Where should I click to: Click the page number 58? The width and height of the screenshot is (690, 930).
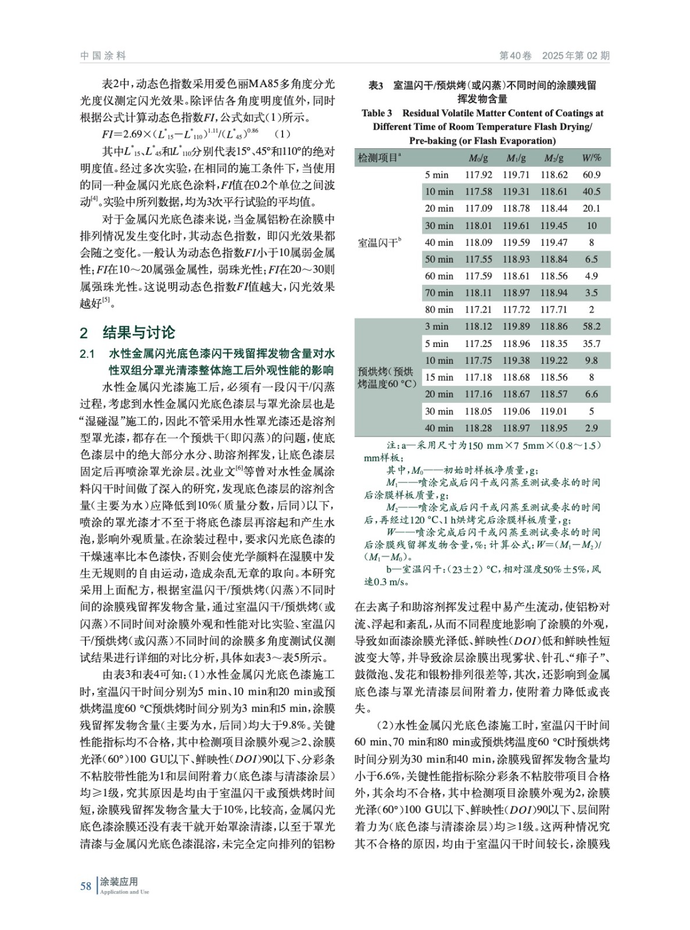click(x=85, y=886)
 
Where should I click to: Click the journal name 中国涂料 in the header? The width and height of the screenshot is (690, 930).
click(x=103, y=56)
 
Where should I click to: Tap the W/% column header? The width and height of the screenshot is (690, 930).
click(x=591, y=158)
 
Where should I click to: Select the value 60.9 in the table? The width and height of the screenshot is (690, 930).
click(x=591, y=174)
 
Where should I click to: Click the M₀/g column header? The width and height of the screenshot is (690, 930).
click(x=478, y=158)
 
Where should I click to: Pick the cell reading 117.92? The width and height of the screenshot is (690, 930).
click(x=478, y=174)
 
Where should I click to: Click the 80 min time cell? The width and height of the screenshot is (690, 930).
click(x=439, y=310)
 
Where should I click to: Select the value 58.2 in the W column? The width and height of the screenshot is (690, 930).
click(x=591, y=327)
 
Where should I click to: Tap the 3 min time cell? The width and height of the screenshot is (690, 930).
click(x=437, y=327)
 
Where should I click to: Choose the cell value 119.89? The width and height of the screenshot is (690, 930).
click(x=516, y=327)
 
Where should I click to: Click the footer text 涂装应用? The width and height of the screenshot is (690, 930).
click(x=119, y=882)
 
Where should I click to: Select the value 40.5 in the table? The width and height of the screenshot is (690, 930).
click(x=591, y=191)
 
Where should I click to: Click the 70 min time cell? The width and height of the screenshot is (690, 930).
click(x=439, y=293)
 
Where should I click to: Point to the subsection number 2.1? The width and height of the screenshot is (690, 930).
click(x=87, y=354)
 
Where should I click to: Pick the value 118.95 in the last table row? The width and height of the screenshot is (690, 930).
click(x=553, y=428)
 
